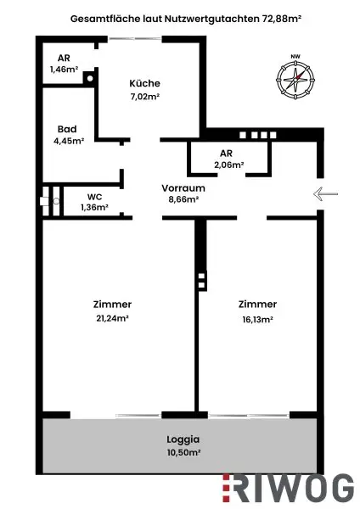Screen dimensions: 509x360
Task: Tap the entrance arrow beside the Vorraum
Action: [x=326, y=194]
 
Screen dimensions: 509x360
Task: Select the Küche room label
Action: [x=144, y=83]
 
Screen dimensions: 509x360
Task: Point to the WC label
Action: [x=94, y=195]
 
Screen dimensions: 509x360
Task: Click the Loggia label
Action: [x=183, y=439]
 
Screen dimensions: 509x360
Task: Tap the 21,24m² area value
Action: [x=113, y=319]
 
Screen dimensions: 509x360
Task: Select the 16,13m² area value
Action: [x=256, y=320]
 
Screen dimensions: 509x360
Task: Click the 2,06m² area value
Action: [x=228, y=165]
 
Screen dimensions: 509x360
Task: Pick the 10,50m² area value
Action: [x=183, y=453]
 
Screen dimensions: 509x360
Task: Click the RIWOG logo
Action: [x=288, y=488]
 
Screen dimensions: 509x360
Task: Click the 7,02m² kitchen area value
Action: [x=144, y=97]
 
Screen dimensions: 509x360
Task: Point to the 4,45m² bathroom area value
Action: [x=68, y=142]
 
